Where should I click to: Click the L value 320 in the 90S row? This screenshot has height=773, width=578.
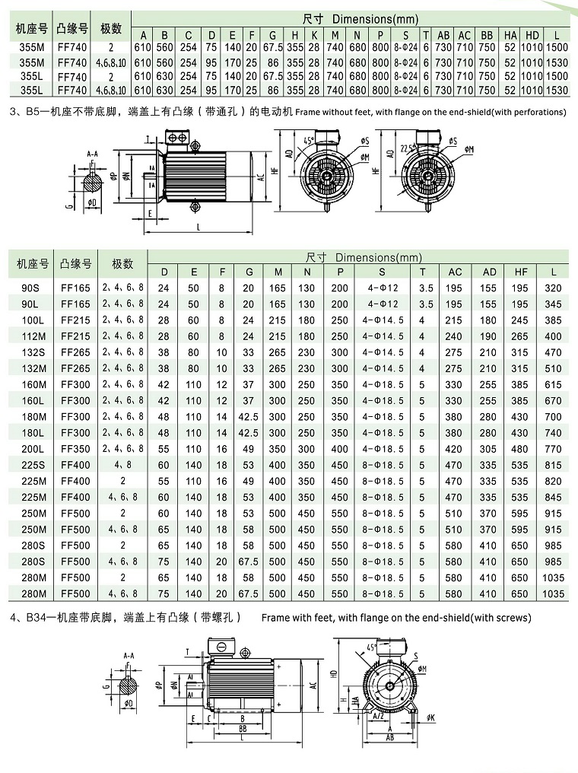[554, 288]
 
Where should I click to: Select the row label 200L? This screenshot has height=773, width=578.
[32, 449]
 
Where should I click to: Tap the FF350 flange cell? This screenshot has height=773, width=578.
[75, 449]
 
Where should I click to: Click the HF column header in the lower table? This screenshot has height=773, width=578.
[520, 272]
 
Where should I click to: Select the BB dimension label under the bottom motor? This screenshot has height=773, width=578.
[243, 728]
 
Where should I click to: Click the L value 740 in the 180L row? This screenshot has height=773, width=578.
[554, 433]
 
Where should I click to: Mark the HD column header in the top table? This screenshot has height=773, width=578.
[532, 34]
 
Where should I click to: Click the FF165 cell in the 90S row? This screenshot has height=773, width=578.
[75, 288]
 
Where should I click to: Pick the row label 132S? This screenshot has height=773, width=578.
[32, 352]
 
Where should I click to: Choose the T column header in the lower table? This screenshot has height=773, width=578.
[423, 272]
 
